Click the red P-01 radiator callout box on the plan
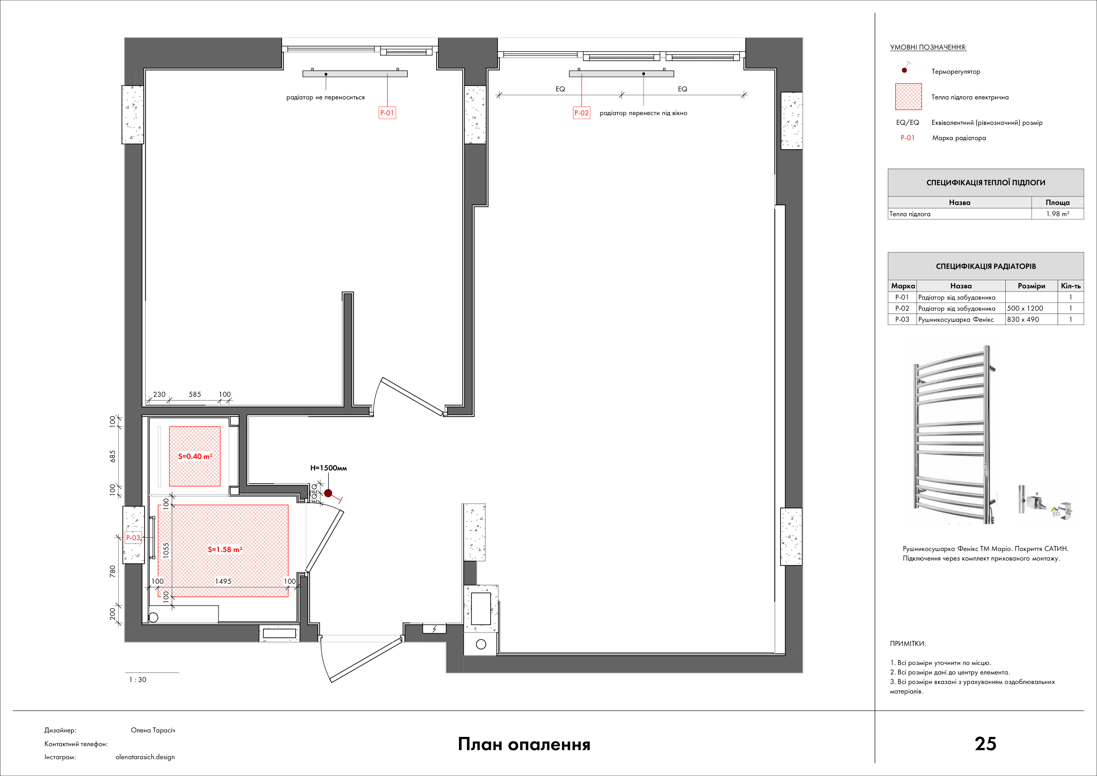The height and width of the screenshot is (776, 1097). click(387, 113)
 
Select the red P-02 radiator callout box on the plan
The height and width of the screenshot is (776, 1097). click(581, 113)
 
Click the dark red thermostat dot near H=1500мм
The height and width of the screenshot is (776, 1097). click(328, 493)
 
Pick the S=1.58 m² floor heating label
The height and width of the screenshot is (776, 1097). click(225, 549)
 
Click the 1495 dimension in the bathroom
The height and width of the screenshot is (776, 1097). click(223, 581)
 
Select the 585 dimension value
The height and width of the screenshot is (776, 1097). click(195, 394)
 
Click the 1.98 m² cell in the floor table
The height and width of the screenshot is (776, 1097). click(1058, 214)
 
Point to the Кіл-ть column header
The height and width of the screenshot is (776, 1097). click(1071, 286)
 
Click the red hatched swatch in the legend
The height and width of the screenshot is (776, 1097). click(908, 96)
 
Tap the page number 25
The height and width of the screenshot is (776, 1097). click(985, 744)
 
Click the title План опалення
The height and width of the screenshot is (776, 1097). click(524, 744)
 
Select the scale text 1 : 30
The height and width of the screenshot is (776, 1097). click(138, 680)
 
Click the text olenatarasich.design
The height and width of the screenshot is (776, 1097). click(145, 757)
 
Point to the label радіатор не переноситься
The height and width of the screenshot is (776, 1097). click(325, 98)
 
